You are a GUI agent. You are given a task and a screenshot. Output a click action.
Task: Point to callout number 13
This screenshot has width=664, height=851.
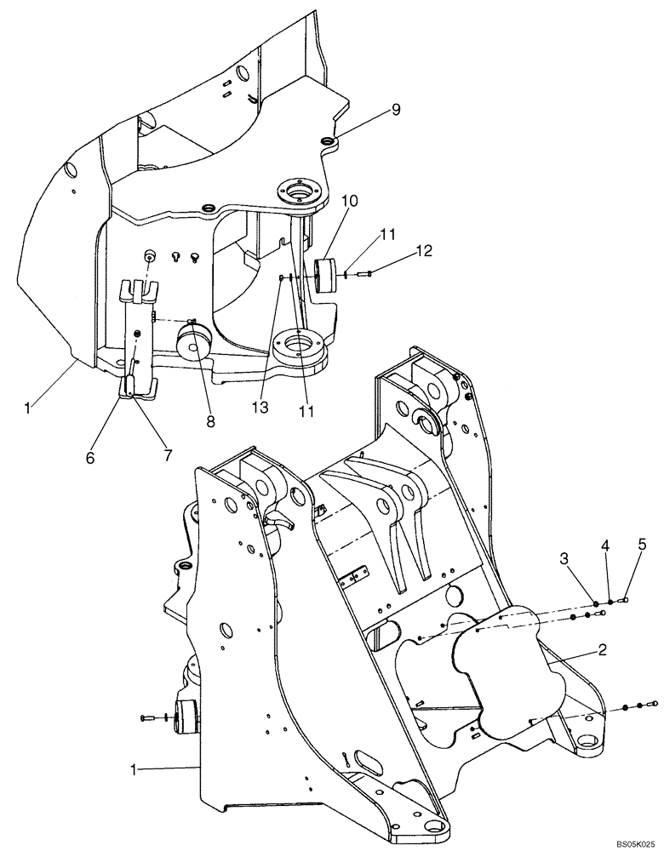click(x=260, y=408)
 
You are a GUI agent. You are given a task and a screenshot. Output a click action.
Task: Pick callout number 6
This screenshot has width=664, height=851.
click(x=91, y=457)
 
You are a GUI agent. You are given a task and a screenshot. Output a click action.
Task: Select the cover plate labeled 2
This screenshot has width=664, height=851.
click(x=502, y=672)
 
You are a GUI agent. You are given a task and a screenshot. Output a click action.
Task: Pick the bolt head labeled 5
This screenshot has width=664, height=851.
click(x=627, y=599)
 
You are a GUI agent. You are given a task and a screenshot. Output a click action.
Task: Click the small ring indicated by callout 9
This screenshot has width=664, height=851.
click(x=328, y=140)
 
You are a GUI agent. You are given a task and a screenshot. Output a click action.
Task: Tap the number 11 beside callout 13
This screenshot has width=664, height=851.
click(x=306, y=411)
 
